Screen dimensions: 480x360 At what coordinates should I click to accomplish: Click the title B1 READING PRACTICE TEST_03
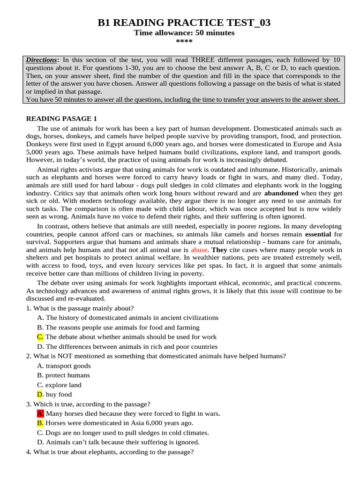click(184, 23)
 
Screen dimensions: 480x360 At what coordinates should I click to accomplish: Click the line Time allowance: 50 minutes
click(184, 33)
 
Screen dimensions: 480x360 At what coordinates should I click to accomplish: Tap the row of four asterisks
click(184, 42)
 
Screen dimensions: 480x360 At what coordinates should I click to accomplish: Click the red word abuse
click(199, 250)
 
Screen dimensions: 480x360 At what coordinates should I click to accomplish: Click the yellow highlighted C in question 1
click(40, 337)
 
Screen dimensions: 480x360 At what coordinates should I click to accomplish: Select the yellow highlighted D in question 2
click(40, 394)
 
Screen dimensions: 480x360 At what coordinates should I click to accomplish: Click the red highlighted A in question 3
click(40, 413)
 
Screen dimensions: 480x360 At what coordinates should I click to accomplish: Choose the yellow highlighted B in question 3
click(40, 423)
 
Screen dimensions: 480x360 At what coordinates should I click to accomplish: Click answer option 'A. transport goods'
click(64, 366)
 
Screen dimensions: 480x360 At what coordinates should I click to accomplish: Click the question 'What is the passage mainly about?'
click(80, 308)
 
